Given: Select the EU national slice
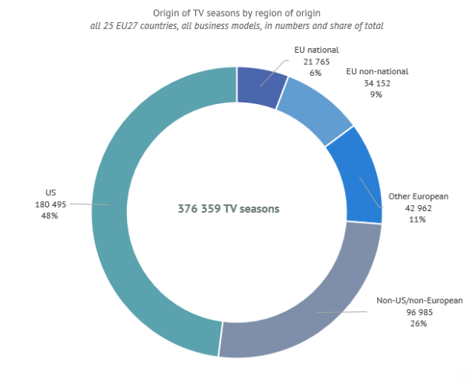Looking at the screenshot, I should [x=261, y=85].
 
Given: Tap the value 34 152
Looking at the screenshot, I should [x=375, y=83].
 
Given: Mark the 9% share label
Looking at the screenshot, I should [x=375, y=95].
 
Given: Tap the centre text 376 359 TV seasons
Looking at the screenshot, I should [x=229, y=209].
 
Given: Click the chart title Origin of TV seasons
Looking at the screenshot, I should [x=236, y=13].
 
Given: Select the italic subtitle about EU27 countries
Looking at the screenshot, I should [x=236, y=26].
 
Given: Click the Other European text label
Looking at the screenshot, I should [x=418, y=197].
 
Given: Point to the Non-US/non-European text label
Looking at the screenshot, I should [x=419, y=301].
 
